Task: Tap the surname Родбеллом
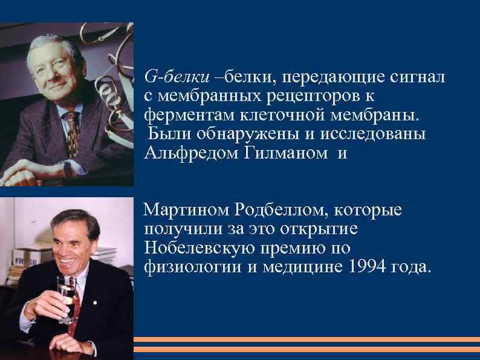(284, 211)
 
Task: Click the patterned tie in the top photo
(73, 130)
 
